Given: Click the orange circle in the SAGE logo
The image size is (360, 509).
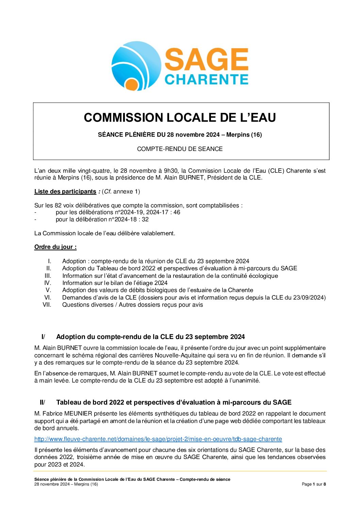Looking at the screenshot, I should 131,84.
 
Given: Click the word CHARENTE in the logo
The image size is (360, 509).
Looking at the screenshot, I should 206,80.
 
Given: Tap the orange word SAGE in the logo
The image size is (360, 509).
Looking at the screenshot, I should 206,59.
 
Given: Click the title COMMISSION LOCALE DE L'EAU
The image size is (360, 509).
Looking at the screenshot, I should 180,118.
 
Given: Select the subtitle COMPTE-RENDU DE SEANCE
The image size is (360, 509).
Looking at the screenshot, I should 180,149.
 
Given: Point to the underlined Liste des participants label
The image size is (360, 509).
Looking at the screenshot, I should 65,191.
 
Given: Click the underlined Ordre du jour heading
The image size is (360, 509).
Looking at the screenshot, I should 55,247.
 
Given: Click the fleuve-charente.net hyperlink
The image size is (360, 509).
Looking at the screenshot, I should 158,439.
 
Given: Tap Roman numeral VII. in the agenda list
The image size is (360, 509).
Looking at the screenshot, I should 47,305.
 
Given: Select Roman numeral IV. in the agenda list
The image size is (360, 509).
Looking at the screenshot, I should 48,283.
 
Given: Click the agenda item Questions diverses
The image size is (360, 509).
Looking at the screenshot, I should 132,305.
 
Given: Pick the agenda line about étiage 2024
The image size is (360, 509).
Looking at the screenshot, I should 115,283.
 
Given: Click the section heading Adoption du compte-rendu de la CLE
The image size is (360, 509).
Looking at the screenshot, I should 150,337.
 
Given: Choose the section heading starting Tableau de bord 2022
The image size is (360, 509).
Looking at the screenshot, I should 174,403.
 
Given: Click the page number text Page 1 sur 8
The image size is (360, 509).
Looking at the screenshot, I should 314,484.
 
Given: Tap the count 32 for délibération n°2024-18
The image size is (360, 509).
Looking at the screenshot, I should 145,219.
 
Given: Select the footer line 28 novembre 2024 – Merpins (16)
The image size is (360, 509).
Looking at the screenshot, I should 66,484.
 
